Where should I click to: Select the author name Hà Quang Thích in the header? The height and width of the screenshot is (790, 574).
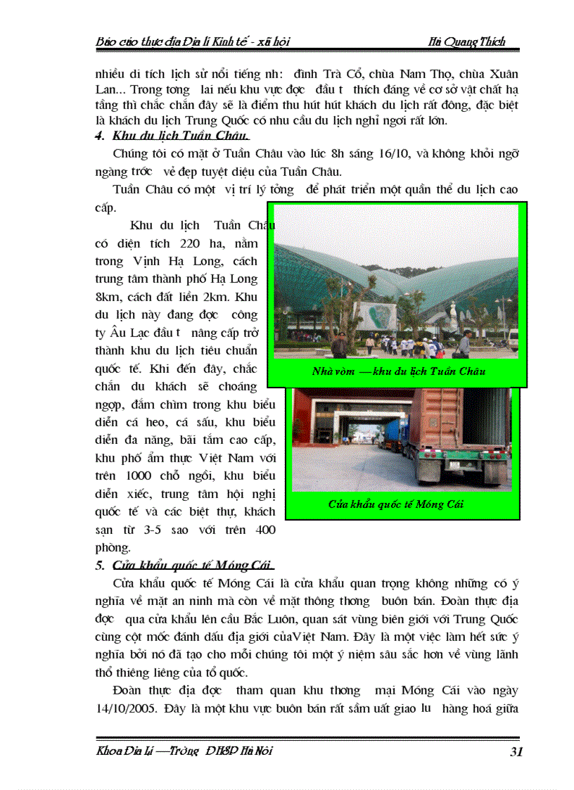click(x=466, y=42)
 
